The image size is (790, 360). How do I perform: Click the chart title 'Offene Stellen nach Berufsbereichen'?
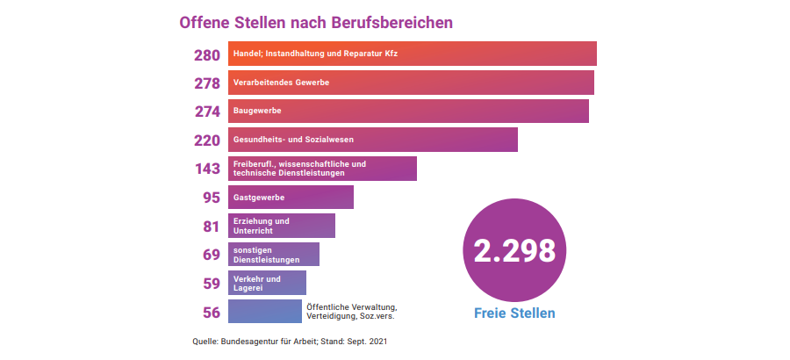tap(316, 22)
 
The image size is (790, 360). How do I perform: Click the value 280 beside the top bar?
tap(207, 54)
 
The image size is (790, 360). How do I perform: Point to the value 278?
tap(207, 83)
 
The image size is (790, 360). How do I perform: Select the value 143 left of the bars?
tap(207, 169)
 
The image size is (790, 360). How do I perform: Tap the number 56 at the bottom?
tap(211, 312)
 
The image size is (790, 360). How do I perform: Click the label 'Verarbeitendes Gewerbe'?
tap(281, 83)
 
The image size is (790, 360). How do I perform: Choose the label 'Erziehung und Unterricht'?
tap(261, 226)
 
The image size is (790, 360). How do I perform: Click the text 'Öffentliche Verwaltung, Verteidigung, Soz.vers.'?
tap(352, 312)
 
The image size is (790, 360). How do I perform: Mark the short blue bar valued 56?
tap(264, 312)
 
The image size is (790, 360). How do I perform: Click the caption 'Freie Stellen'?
tap(514, 313)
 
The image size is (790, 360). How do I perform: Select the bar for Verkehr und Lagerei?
tap(267, 283)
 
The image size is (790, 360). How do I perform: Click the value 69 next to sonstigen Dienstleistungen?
tap(211, 255)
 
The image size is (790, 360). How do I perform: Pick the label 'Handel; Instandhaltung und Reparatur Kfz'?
tap(316, 54)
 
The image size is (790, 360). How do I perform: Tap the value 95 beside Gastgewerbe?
tap(211, 198)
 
